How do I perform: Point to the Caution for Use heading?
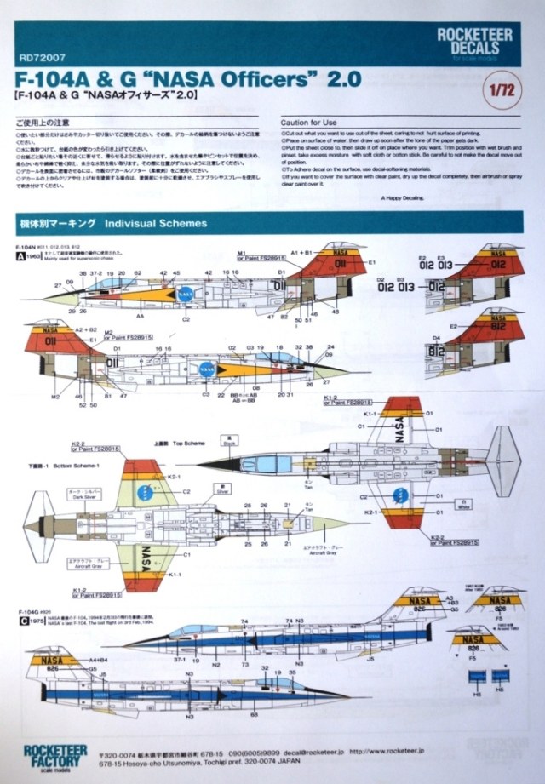tap(311, 123)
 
